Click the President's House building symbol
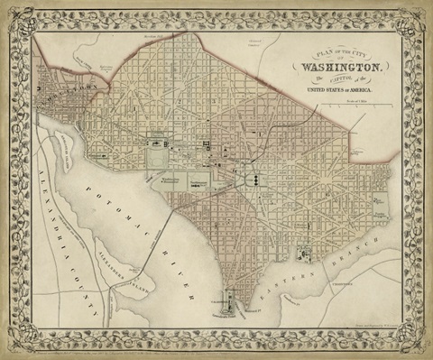point(159,143)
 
